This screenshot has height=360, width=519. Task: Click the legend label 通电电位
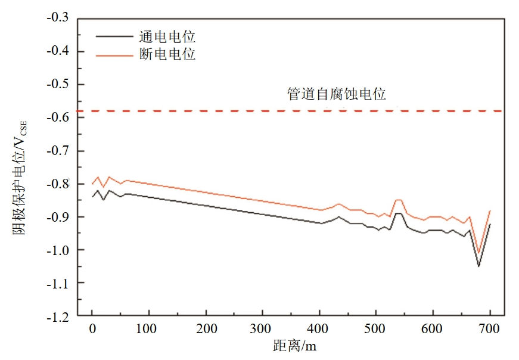point(172,37)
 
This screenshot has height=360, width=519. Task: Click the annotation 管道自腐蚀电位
point(337,95)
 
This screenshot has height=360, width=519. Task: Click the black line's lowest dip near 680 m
point(478,266)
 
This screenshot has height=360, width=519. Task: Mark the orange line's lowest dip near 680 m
point(478,253)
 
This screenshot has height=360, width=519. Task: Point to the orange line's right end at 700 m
point(490,210)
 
